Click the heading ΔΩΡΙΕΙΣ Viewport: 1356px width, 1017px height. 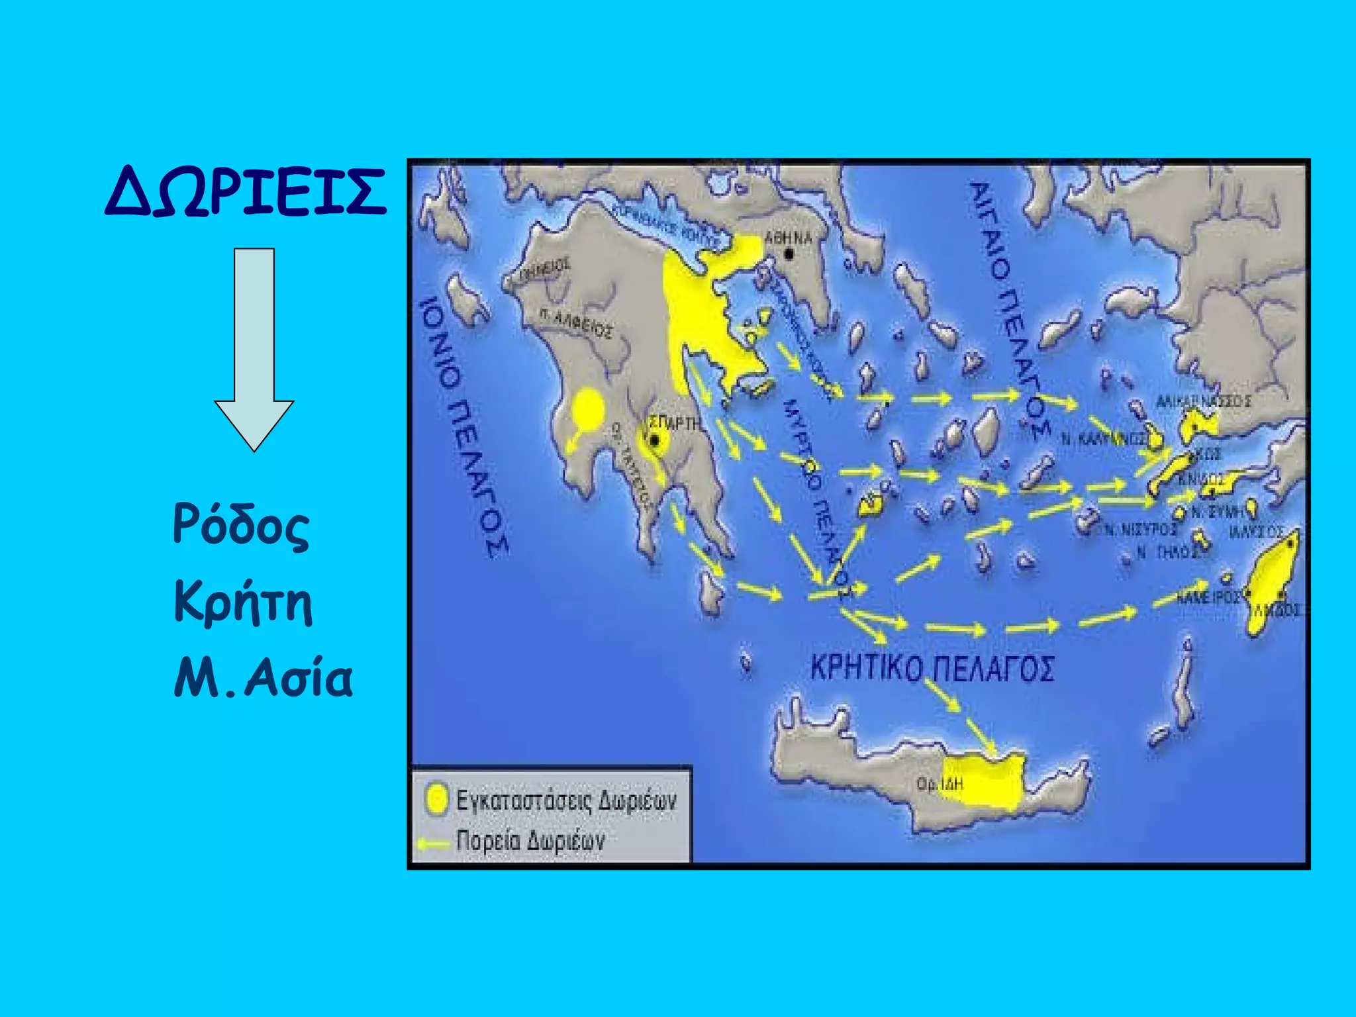click(x=245, y=192)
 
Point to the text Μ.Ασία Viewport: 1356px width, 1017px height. click(x=263, y=679)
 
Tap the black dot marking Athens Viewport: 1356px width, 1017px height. click(x=789, y=254)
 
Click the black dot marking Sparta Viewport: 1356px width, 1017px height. click(x=654, y=440)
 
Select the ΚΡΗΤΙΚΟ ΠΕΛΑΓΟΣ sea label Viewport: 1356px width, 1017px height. click(x=932, y=668)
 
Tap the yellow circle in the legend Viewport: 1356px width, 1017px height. click(x=436, y=799)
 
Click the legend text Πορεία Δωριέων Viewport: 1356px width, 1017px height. click(x=530, y=841)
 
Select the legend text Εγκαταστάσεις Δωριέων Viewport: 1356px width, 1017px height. click(x=566, y=800)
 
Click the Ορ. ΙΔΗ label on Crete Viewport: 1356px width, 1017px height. click(x=940, y=784)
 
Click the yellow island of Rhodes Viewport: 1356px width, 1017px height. click(x=1271, y=583)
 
